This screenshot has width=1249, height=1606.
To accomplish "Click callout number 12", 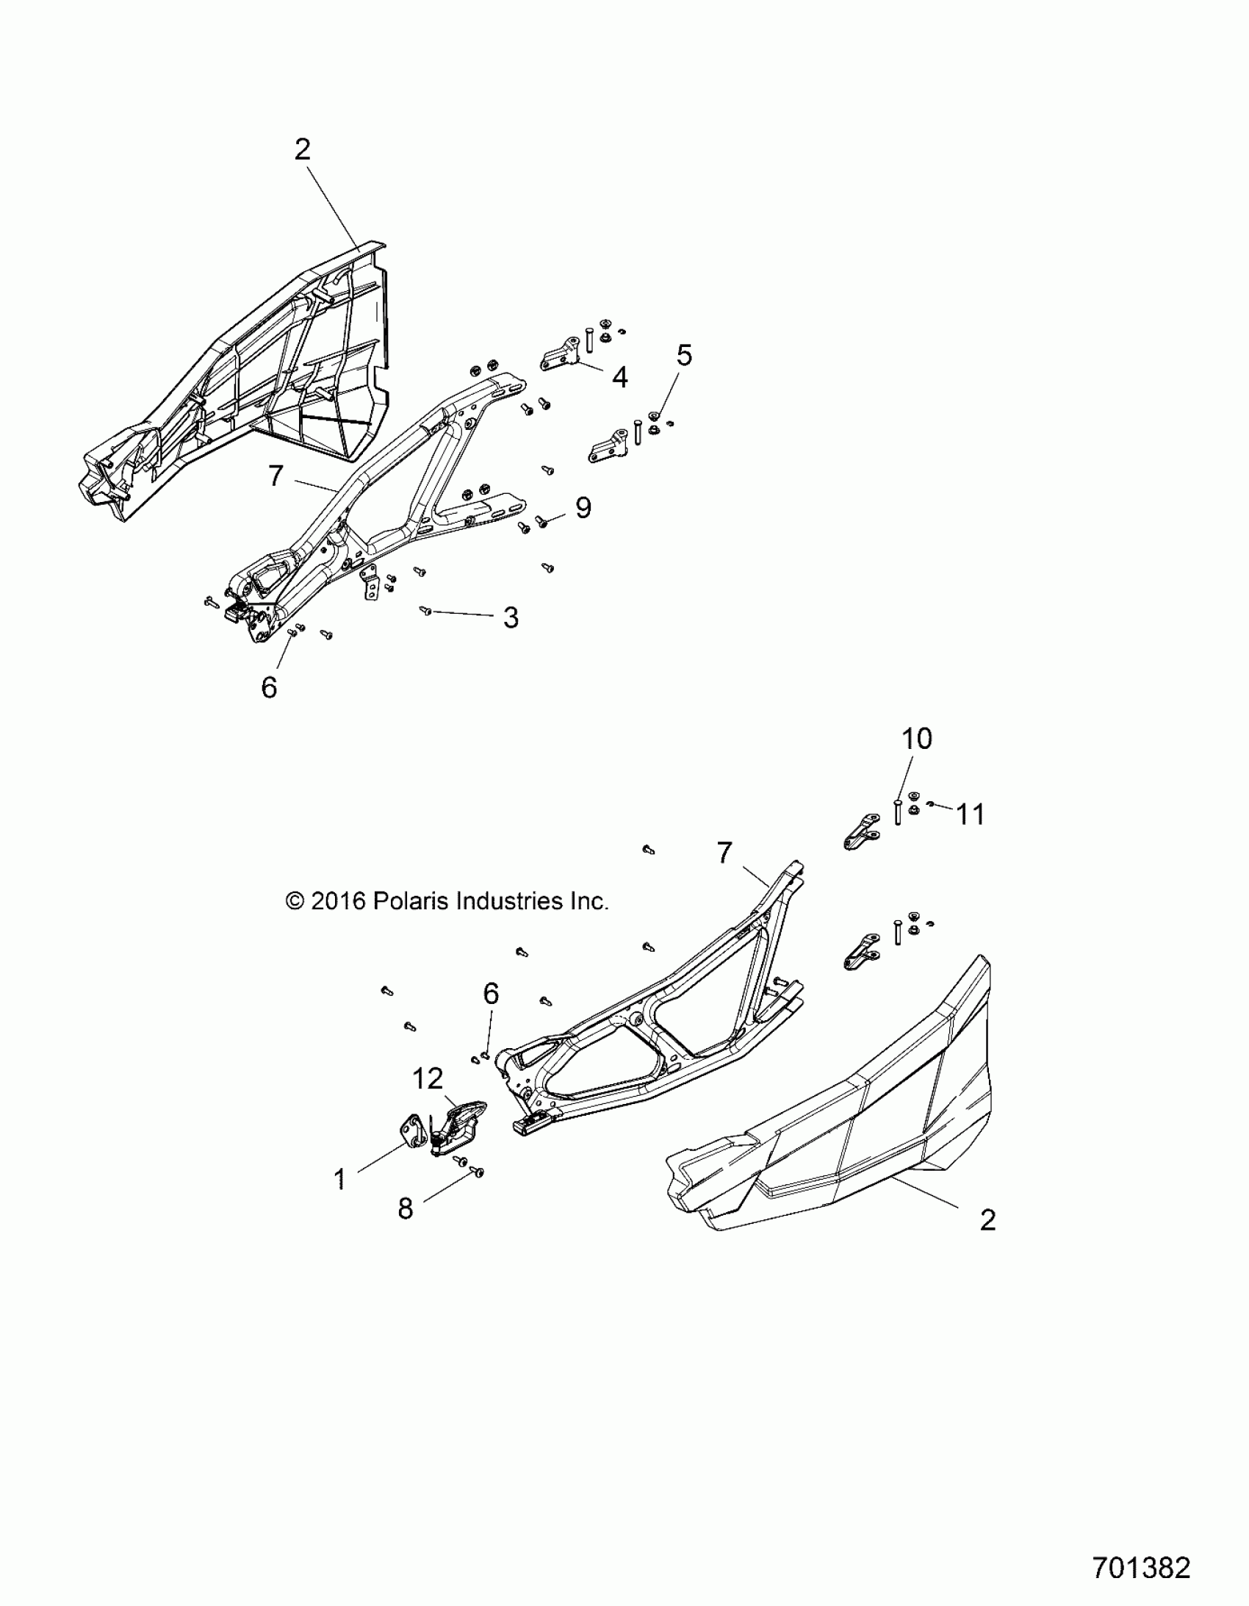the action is (427, 1079).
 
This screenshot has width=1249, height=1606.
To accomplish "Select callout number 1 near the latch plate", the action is (339, 1180).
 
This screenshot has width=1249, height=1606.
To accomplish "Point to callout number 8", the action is (406, 1208).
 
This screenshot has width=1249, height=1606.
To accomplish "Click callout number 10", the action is (916, 738).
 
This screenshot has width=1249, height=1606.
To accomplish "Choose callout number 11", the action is (970, 814).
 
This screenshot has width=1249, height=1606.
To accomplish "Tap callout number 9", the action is (583, 507).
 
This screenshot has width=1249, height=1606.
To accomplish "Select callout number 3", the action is (511, 617).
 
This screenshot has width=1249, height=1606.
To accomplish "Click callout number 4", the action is (619, 377).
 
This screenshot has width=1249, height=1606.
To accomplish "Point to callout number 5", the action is (684, 355).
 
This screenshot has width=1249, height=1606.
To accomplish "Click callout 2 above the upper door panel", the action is (302, 150).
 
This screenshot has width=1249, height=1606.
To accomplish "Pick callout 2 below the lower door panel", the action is (988, 1220).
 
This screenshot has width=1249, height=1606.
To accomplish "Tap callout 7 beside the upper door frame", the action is (276, 476).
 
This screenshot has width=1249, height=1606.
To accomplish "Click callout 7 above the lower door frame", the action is (724, 853).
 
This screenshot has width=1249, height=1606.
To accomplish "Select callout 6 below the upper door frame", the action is (269, 687).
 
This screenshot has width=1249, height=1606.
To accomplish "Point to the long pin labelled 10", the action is (898, 812).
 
